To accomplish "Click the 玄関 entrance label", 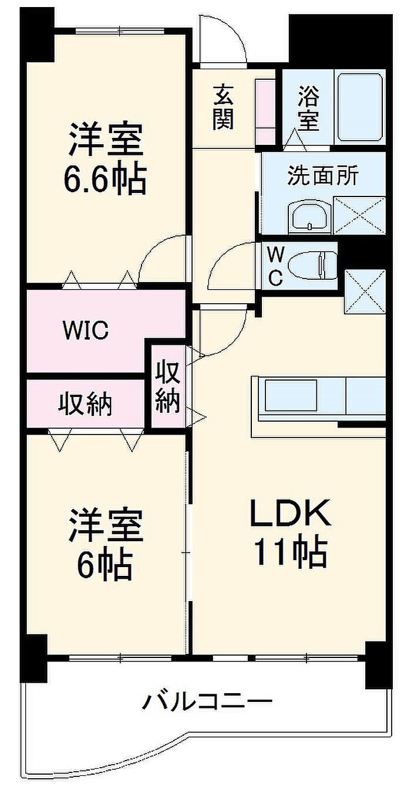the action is (x=223, y=107).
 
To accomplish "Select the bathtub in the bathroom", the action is (x=359, y=107).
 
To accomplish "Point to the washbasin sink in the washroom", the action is (x=309, y=217).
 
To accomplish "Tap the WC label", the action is (x=276, y=265).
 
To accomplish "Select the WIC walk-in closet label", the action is (x=86, y=330).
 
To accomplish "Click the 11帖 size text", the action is (x=290, y=552).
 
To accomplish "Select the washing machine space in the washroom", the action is (x=359, y=216).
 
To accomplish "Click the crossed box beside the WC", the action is (x=365, y=291).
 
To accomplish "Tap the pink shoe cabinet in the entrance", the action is (x=265, y=112).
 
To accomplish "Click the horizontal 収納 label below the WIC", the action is (x=85, y=405).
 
